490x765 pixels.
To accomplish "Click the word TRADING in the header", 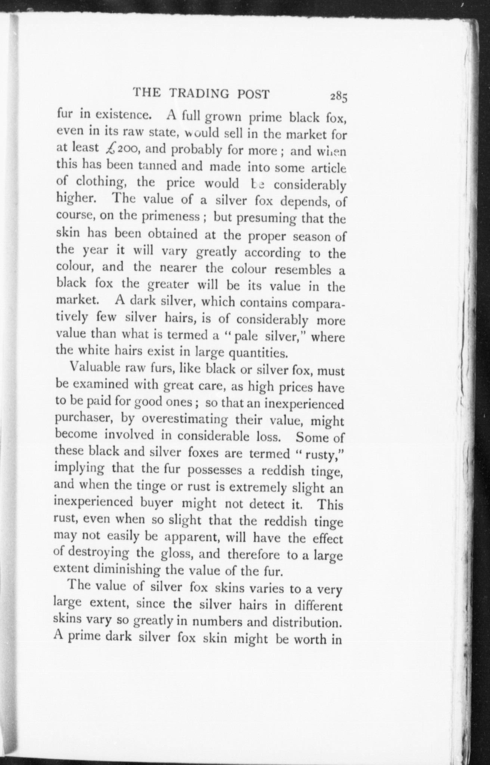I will point(198,94).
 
